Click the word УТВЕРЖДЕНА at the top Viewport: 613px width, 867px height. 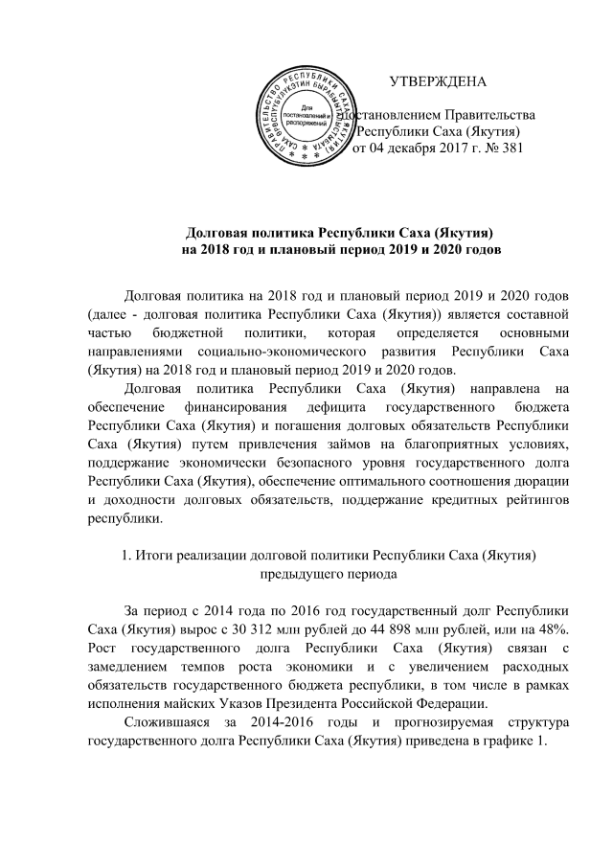[x=442, y=80]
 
